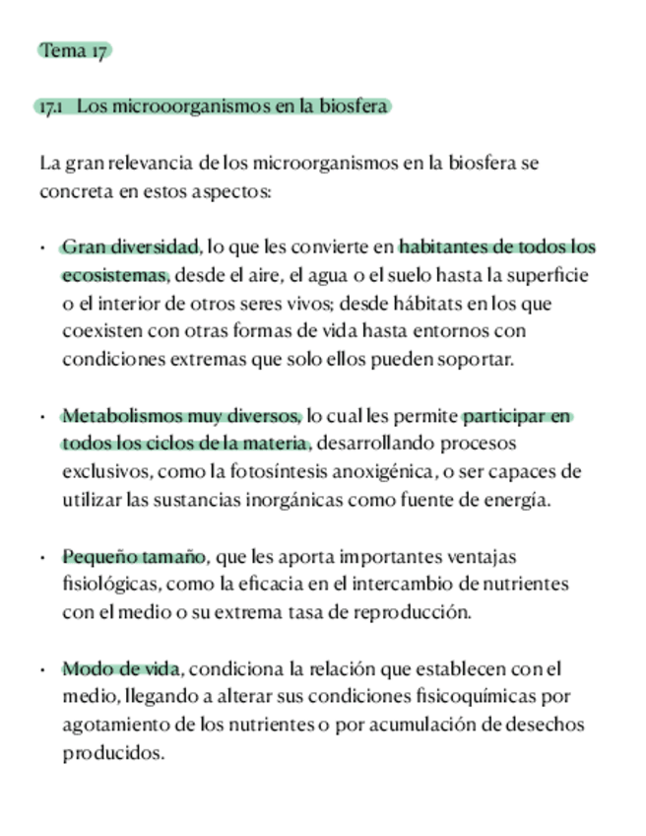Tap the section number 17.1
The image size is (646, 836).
coord(50,106)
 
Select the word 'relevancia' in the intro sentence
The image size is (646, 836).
coord(151,163)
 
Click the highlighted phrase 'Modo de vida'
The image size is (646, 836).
coord(121,669)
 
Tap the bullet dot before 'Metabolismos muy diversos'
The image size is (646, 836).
coord(43,417)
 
